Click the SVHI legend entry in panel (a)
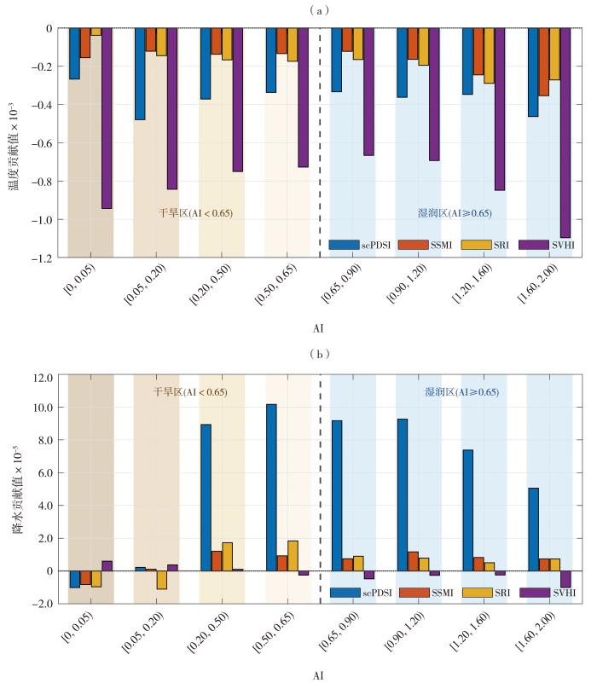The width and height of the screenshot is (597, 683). coord(547,245)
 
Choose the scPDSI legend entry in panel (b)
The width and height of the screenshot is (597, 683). coord(361,593)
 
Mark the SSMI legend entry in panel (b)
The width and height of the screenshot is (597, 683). coord(426,593)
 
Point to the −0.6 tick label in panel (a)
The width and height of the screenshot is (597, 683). coord(42,143)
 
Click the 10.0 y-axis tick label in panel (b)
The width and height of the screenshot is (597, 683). coord(43,408)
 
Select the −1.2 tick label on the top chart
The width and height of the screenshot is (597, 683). coord(42,258)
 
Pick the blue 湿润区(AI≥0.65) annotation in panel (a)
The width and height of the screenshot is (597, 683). coord(455,213)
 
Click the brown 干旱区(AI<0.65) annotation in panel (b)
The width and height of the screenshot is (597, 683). coord(190,391)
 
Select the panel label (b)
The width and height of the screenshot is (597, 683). coord(320,354)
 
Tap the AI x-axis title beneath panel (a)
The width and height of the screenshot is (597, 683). coord(319,328)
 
